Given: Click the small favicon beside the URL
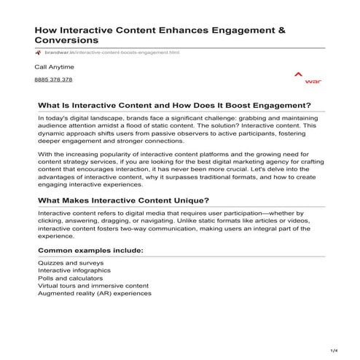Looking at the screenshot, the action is pos(39,52).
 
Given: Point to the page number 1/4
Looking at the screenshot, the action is pos(334,351).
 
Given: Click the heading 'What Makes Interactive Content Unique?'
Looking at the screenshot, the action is pos(123,200).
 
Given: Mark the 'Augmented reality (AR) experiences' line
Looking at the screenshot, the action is pos(94,294).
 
